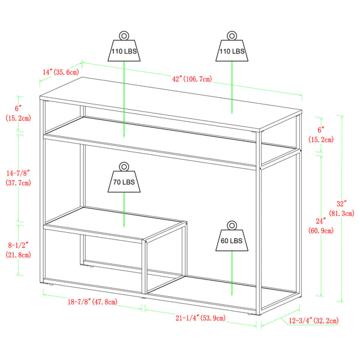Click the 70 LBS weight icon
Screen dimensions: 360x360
[x=124, y=182]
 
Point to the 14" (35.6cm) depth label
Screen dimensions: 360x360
[x=60, y=73]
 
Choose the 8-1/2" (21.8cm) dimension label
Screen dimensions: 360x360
[x=18, y=251]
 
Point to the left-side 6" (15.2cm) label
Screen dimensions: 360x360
[x=18, y=113]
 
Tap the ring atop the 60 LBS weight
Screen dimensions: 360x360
[x=231, y=225]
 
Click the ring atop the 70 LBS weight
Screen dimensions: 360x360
[x=124, y=166]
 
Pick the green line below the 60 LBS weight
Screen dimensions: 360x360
[x=232, y=273]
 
